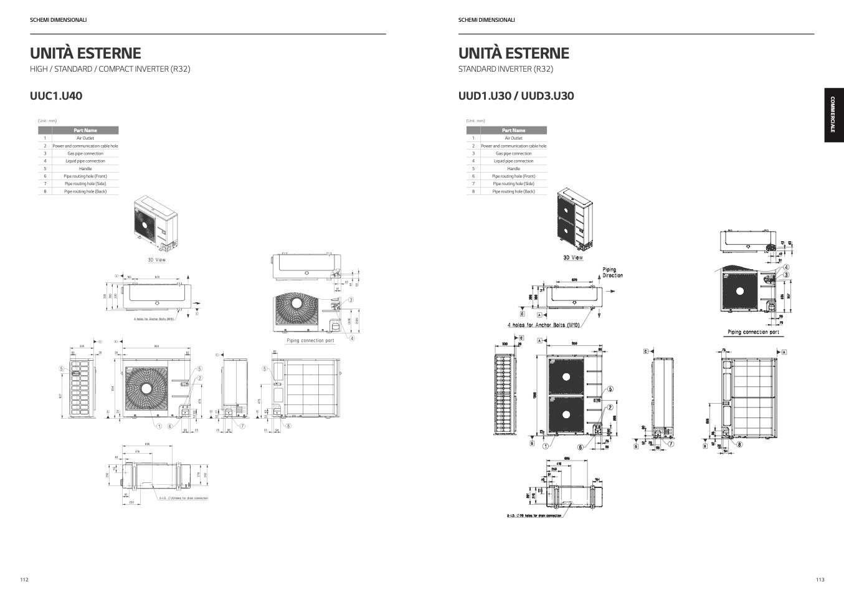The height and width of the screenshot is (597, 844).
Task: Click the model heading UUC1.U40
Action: tap(56, 96)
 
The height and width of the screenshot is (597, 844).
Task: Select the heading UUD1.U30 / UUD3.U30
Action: tap(516, 96)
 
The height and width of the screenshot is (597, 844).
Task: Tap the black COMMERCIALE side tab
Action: tap(834, 115)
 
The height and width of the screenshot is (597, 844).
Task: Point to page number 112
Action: tap(24, 580)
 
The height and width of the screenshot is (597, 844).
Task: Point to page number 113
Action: tap(820, 580)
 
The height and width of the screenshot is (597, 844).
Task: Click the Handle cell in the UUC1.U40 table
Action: tap(85, 169)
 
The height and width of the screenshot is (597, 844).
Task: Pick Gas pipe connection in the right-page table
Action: tap(513, 153)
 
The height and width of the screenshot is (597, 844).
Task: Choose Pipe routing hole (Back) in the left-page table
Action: tap(85, 191)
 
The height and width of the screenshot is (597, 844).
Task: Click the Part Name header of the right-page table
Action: tap(513, 130)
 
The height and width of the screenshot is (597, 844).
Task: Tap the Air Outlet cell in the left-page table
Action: tap(85, 138)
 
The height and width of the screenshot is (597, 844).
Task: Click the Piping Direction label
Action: tap(612, 273)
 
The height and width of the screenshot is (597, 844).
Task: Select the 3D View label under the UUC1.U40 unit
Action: tap(156, 260)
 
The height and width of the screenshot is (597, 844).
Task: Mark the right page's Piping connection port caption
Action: tap(753, 332)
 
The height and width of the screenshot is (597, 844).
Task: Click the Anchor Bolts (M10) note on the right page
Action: tap(544, 325)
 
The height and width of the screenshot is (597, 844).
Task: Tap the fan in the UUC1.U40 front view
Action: tap(146, 388)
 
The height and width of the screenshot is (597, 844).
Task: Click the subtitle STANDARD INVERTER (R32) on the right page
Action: tap(505, 69)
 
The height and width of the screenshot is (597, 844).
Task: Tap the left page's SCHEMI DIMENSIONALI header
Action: tap(59, 20)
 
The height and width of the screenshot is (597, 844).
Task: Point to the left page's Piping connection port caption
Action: tap(310, 341)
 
